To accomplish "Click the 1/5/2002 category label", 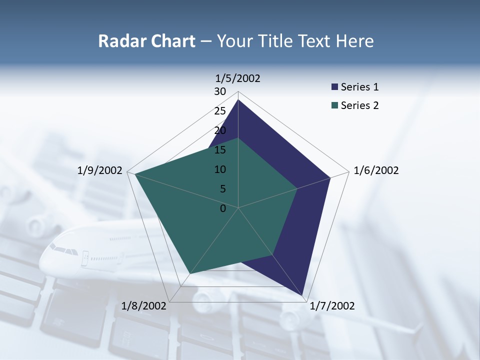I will tap(238, 78).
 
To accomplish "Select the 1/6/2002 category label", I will tap(376, 170).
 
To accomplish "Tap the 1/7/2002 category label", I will tap(332, 306).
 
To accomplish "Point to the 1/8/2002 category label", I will tap(144, 306).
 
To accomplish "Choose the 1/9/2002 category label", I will tap(100, 170).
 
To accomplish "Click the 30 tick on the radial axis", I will tap(220, 91).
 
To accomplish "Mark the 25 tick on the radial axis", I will tap(220, 111).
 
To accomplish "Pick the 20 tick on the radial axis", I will tap(220, 130).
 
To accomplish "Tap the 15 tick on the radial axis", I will tap(220, 150).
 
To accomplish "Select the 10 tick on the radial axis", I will tap(220, 169).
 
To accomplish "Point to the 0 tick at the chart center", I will tap(223, 208).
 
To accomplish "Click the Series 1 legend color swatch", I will tap(334, 87).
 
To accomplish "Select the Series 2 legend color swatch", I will tap(334, 105).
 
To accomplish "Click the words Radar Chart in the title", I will tap(146, 41).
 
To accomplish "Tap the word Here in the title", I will tap(354, 41).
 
